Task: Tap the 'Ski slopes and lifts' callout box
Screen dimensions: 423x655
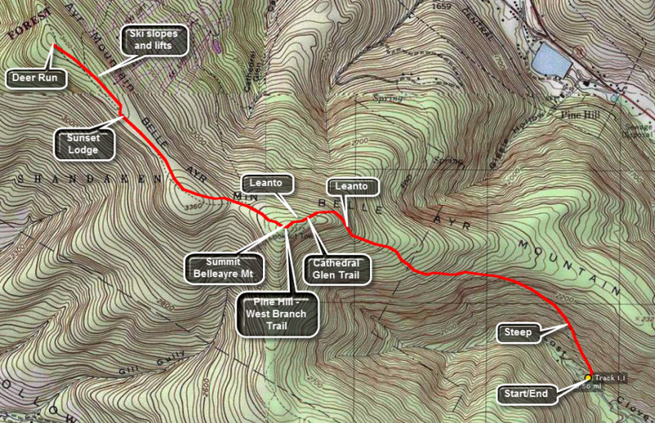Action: click(x=156, y=39)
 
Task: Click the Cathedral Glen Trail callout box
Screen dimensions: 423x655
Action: click(x=337, y=268)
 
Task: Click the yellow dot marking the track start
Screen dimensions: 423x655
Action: click(x=589, y=378)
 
